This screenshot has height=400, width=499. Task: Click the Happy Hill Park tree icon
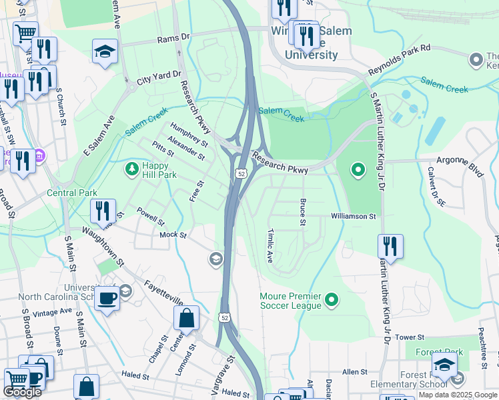[132, 169]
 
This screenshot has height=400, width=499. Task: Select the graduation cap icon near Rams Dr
[105, 52]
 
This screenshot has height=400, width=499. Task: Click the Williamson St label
[354, 217]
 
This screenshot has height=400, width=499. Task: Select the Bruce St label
[303, 213]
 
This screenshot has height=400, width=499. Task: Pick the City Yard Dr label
[159, 78]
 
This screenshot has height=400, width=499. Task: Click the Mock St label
[172, 235]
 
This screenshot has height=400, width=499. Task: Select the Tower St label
[410, 337]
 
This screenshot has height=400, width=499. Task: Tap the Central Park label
[72, 193]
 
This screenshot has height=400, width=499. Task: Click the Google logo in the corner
[23, 392]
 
